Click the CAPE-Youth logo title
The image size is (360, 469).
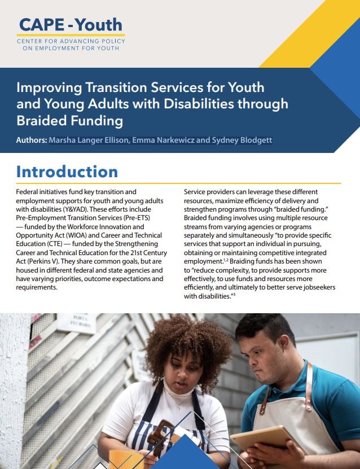click(x=71, y=25)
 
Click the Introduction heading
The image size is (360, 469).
click(x=67, y=172)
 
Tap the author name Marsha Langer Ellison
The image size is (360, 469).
click(x=89, y=140)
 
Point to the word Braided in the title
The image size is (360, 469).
click(x=41, y=121)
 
